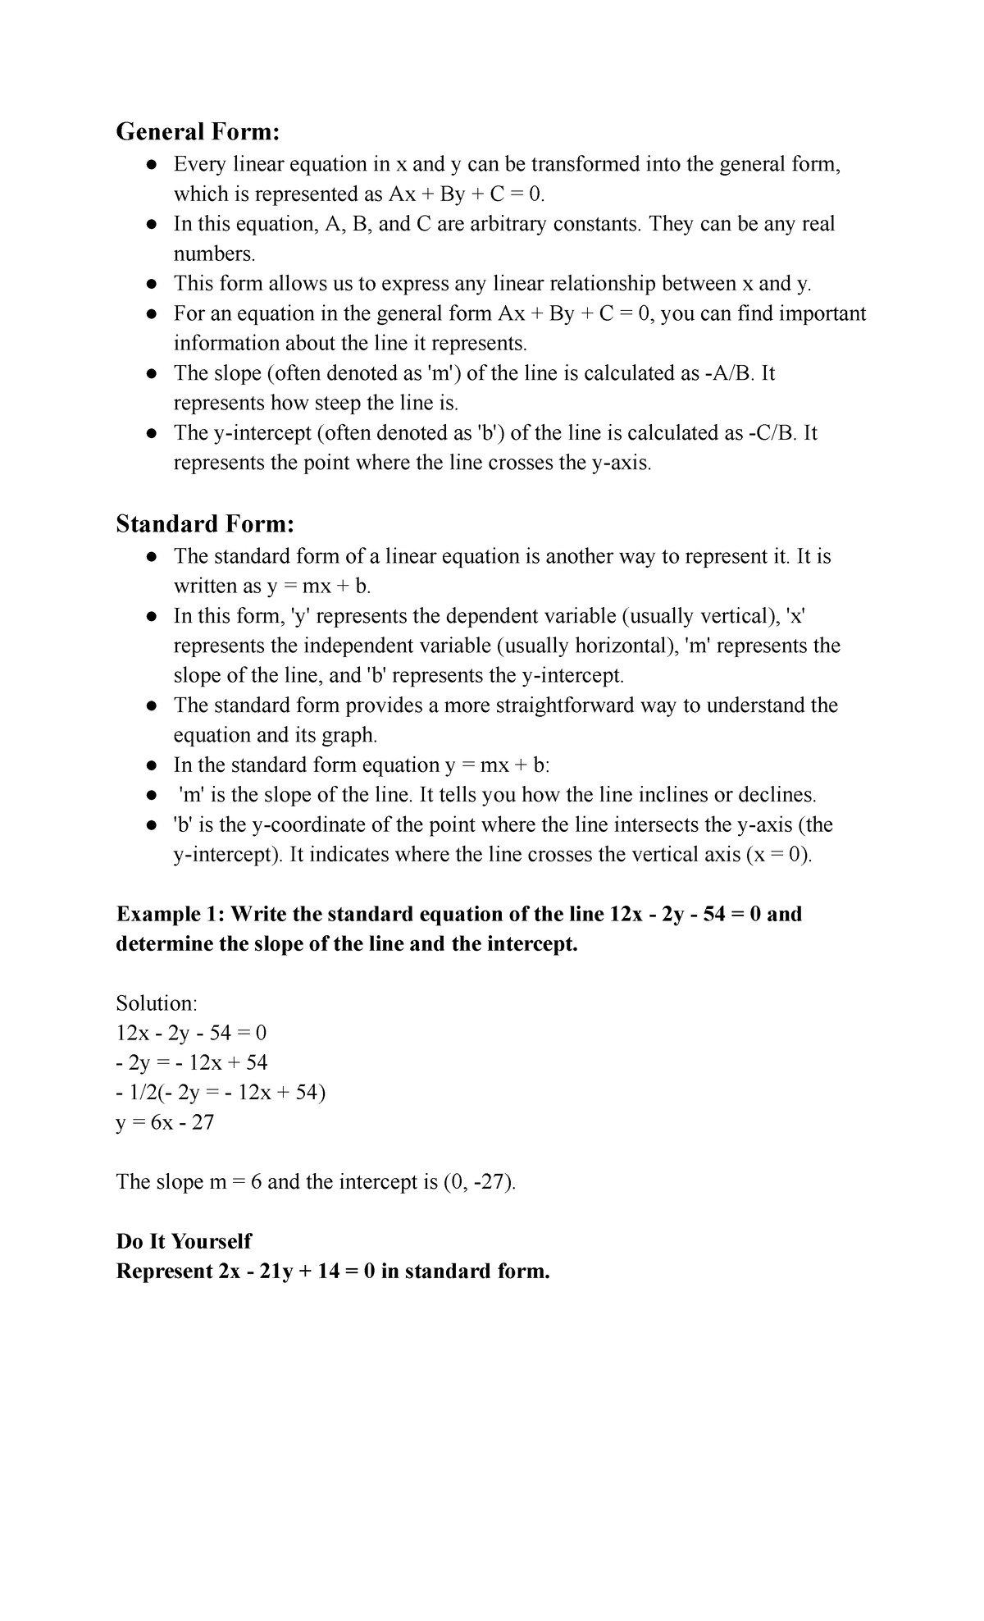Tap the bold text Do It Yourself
pyautogui.click(x=184, y=1241)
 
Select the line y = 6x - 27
pyautogui.click(x=165, y=1122)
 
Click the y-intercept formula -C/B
pyautogui.click(x=772, y=433)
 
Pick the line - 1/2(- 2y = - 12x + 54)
pyautogui.click(x=221, y=1093)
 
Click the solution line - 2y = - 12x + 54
pyautogui.click(x=192, y=1063)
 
